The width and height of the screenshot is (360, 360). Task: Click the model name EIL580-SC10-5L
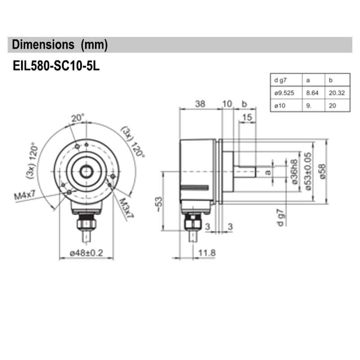point(56,66)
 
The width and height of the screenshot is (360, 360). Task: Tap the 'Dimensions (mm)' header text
point(59,45)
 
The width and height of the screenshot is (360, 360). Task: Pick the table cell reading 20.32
point(336,93)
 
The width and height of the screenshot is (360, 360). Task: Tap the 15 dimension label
point(247,118)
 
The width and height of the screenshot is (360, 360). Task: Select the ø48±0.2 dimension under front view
point(87,253)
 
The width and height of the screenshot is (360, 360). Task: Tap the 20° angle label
point(77,118)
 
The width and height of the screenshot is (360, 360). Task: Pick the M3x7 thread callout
point(126,207)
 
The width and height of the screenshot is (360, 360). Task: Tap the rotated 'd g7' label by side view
point(280,217)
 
